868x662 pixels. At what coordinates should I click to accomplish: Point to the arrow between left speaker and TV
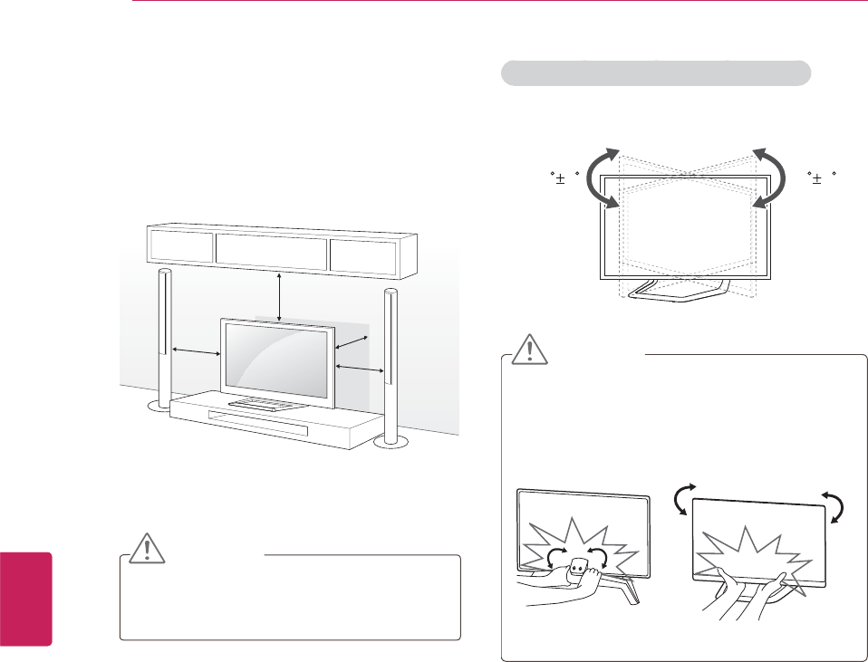(196, 350)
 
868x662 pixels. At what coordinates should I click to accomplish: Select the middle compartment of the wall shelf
(272, 250)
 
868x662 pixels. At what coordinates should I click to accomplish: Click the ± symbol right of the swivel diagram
(818, 179)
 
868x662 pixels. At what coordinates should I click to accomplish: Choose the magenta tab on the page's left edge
(26, 598)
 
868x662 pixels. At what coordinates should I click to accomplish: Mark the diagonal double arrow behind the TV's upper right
(352, 343)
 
